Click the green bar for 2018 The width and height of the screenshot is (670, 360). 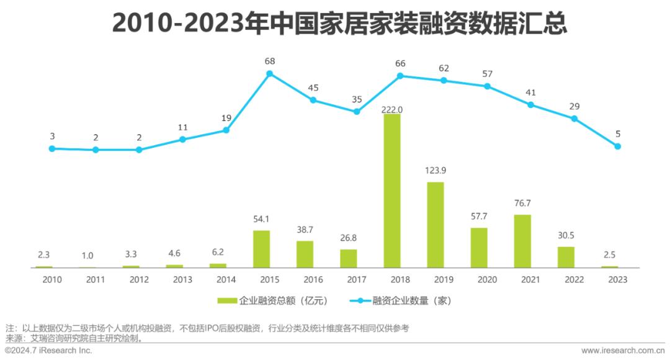[x=391, y=191]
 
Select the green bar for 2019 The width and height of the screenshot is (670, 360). [x=435, y=225]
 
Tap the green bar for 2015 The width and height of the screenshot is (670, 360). [x=261, y=249]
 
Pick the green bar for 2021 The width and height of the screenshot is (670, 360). [x=522, y=241]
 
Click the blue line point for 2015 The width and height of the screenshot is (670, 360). [x=270, y=73]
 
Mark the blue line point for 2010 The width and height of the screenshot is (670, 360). [x=52, y=148]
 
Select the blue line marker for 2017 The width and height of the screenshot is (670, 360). [x=357, y=112]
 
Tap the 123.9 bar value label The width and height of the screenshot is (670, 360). [x=435, y=171]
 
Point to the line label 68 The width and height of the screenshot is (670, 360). [x=270, y=61]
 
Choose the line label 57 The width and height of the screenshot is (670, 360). [x=488, y=74]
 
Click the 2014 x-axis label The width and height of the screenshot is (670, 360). [x=226, y=279]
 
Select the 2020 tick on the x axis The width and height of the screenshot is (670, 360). [x=488, y=279]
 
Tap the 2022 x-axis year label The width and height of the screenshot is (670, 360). [x=574, y=279]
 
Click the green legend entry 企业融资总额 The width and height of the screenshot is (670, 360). [x=272, y=300]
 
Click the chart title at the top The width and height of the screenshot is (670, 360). [x=335, y=24]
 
